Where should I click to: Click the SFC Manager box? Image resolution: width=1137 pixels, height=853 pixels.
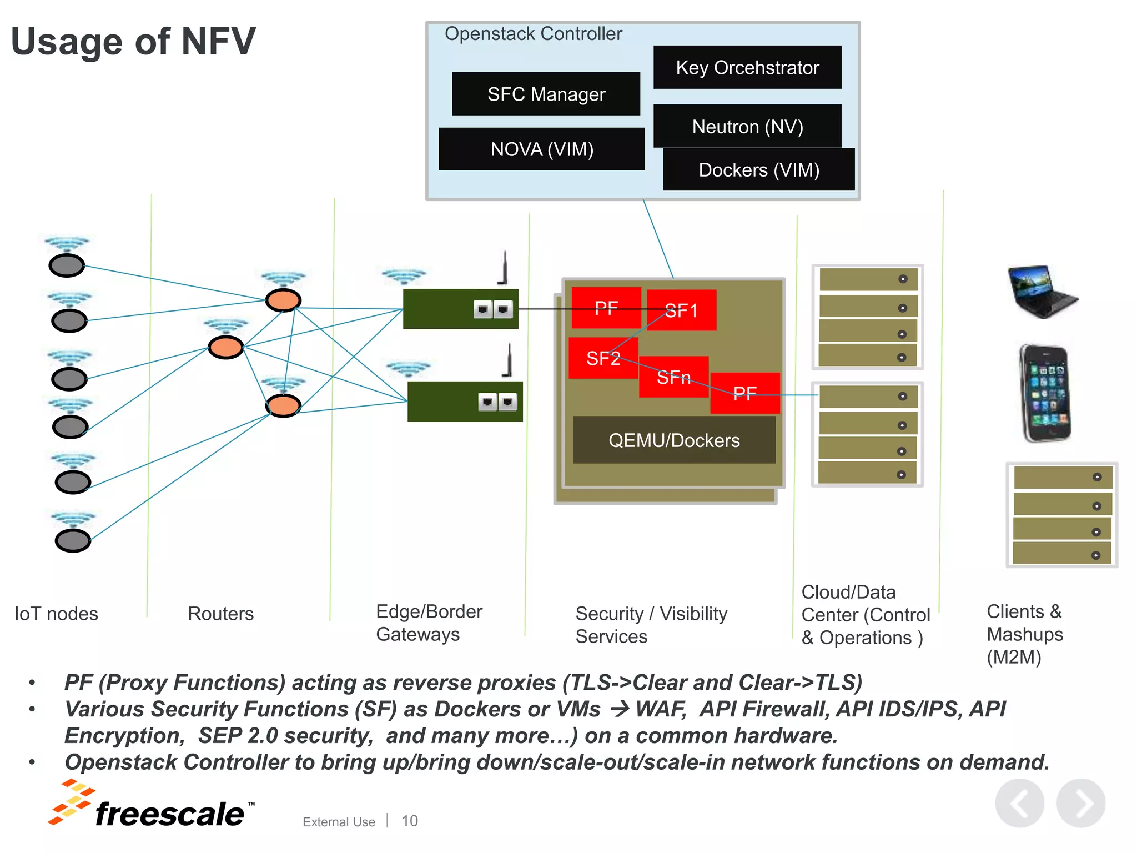[x=546, y=94]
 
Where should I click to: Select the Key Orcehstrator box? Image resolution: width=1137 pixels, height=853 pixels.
[x=747, y=67]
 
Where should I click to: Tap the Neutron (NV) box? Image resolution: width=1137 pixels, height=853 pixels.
[x=747, y=126]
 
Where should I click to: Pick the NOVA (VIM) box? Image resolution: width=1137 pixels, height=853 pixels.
[x=541, y=149]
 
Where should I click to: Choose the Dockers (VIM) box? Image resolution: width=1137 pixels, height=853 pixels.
[x=758, y=169]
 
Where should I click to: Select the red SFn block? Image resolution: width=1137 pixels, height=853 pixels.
[x=673, y=378]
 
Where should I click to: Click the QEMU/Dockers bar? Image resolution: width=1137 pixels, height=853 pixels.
[x=674, y=440]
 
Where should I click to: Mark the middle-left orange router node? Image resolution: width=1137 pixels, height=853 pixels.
[x=225, y=347]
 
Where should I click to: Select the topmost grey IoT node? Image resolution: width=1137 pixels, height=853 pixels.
[x=67, y=265]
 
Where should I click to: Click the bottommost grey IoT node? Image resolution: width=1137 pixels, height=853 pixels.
[x=73, y=540]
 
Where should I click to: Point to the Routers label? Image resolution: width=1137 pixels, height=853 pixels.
[x=220, y=614]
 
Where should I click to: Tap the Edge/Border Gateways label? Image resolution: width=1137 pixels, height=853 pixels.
[x=429, y=623]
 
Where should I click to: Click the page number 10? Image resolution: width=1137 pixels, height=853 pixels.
[x=410, y=821]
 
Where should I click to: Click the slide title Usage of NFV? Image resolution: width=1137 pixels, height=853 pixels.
[x=133, y=42]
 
